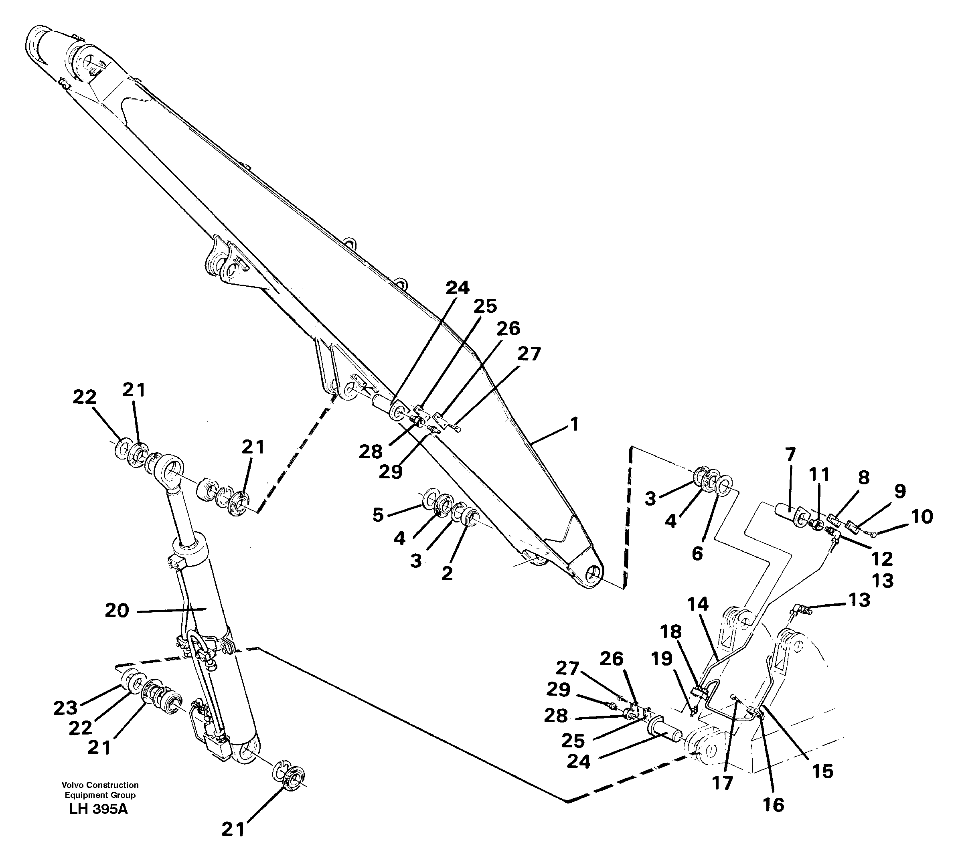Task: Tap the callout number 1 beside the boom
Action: click(574, 425)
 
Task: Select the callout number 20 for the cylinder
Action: click(117, 611)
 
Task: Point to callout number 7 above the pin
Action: click(790, 454)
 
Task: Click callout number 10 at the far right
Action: click(922, 517)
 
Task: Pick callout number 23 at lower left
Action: click(65, 708)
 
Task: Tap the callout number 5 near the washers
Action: click(378, 515)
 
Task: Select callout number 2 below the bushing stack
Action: click(447, 573)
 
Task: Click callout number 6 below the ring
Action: click(697, 553)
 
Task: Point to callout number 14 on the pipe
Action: click(698, 605)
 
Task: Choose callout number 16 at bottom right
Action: click(773, 805)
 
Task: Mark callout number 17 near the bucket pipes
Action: click(722, 783)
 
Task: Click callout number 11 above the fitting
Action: click(819, 475)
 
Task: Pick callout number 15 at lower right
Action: click(822, 771)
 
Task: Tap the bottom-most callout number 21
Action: click(233, 830)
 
